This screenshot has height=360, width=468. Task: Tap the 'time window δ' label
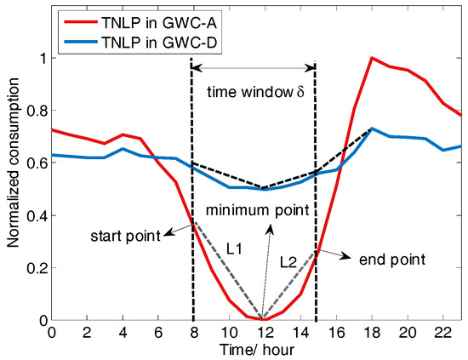254,90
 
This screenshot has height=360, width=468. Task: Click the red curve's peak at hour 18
372,58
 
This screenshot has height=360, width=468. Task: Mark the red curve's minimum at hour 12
262,319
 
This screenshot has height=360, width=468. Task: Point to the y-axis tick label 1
43,58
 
